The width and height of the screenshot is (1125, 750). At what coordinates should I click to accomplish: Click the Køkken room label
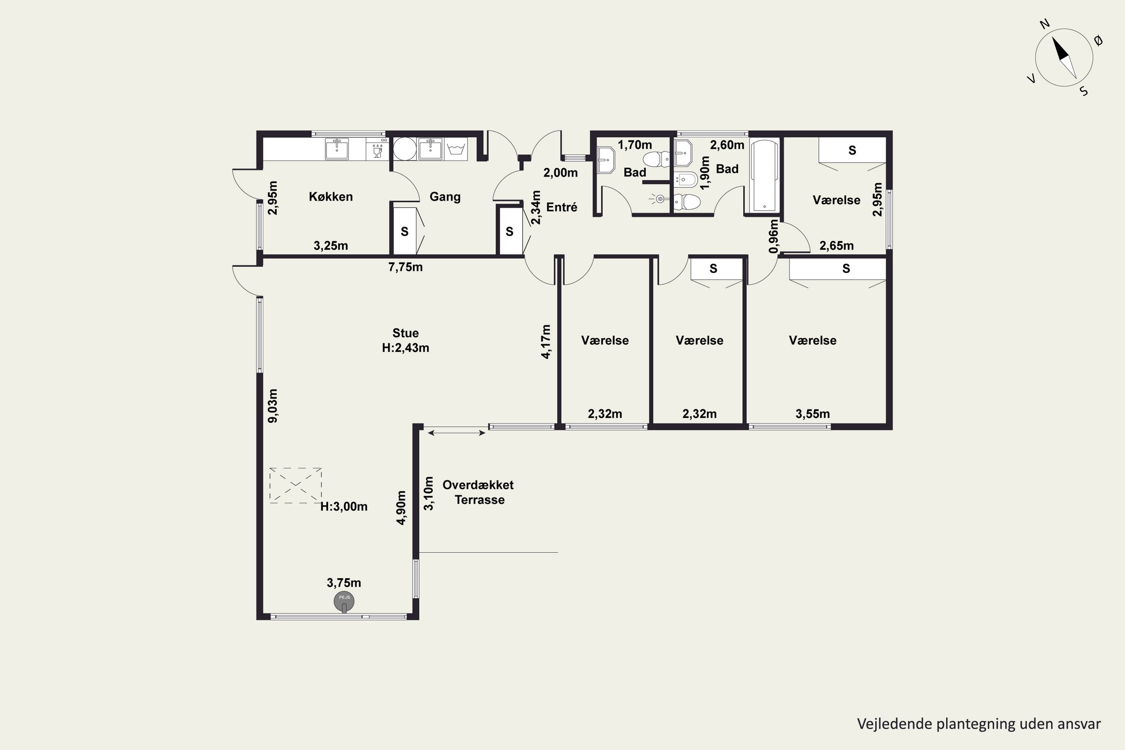[330, 196]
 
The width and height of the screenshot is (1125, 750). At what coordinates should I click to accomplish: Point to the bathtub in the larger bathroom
[764, 175]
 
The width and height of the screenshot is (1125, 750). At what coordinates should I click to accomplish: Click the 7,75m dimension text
[405, 267]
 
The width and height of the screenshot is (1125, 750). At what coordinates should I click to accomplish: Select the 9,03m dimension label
[273, 406]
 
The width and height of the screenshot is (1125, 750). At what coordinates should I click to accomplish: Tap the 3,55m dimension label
[813, 414]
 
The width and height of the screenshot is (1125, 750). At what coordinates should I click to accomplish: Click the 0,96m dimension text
[773, 236]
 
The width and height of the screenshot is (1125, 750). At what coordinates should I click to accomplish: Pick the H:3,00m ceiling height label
[344, 507]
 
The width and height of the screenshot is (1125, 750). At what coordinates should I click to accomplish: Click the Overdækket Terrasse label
[478, 492]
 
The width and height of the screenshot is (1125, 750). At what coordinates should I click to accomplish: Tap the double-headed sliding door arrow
[457, 433]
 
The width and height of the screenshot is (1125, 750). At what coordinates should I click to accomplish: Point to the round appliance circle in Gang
[405, 149]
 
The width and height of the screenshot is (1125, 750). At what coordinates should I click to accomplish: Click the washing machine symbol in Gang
[456, 149]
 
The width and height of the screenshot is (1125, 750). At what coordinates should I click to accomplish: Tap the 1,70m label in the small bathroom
[635, 144]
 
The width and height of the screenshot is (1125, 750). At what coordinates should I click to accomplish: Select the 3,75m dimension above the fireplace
[344, 583]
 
